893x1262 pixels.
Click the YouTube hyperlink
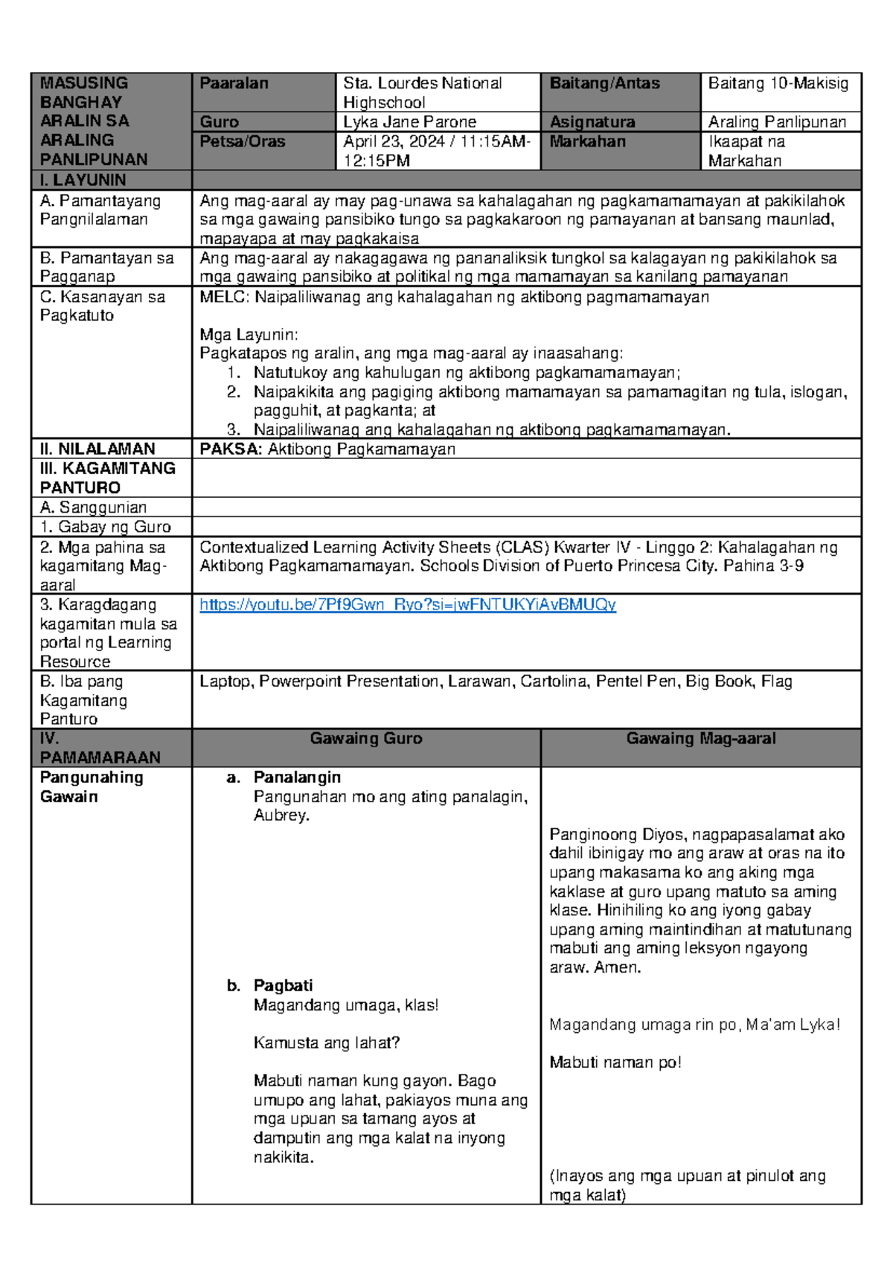tap(407, 604)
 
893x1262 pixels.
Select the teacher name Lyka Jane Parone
tap(409, 122)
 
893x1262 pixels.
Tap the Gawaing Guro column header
tap(365, 738)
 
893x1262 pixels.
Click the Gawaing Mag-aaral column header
tap(700, 738)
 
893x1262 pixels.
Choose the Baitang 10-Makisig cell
tap(778, 83)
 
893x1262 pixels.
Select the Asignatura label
tap(592, 122)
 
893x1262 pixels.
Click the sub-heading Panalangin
tap(297, 777)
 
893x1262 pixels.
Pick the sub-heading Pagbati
tap(283, 985)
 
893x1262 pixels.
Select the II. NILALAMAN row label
tap(97, 449)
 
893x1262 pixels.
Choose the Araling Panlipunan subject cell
tap(777, 122)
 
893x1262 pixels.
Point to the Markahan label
tap(587, 141)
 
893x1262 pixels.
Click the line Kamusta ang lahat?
tap(326, 1042)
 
